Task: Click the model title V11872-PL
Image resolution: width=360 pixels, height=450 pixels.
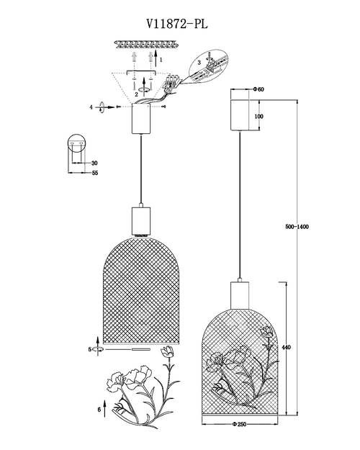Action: click(x=177, y=24)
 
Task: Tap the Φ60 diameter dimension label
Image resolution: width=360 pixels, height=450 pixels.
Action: click(x=258, y=89)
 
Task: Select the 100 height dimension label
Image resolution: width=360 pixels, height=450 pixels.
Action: click(x=258, y=116)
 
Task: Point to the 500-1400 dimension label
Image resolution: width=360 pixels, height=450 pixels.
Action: click(x=297, y=227)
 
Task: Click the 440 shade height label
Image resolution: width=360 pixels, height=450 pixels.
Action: click(x=286, y=347)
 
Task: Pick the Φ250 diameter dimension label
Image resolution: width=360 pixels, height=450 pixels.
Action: click(x=240, y=424)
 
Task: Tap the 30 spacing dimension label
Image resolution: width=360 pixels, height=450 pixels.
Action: click(x=94, y=163)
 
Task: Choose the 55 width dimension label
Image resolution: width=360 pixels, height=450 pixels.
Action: click(x=95, y=173)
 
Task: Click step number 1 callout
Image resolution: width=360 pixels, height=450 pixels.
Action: click(x=161, y=60)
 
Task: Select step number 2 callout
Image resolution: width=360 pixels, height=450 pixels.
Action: click(x=137, y=94)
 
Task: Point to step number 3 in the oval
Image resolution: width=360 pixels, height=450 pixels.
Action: click(x=199, y=63)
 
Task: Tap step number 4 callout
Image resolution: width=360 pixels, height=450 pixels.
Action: click(x=91, y=107)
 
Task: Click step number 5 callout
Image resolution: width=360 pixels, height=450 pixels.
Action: click(x=90, y=349)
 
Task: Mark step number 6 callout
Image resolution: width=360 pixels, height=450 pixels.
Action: click(x=99, y=410)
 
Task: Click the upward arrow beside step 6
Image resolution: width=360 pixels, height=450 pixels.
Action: click(x=104, y=408)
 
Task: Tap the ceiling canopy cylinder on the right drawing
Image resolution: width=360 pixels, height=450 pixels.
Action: click(x=240, y=114)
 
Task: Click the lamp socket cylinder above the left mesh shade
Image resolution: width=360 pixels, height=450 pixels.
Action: click(x=141, y=220)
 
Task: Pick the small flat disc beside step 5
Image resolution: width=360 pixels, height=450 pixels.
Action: click(x=141, y=349)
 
